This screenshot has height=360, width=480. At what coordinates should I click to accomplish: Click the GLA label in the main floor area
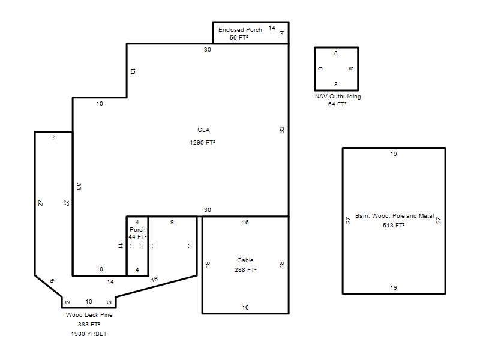coord(203,130)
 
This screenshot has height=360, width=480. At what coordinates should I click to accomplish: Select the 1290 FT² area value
coord(202,143)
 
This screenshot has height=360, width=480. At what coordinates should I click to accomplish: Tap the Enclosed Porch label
coord(240,29)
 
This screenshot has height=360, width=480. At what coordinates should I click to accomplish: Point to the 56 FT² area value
coord(239,37)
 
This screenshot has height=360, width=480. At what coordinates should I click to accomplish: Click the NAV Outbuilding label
coord(338,97)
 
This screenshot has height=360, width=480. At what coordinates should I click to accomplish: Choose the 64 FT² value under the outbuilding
coord(337,104)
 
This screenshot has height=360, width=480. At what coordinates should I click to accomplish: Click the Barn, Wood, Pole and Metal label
coord(395,216)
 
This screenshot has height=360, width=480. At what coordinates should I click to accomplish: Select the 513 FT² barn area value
coord(394,226)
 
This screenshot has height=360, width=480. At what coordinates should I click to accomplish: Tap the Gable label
coord(245,260)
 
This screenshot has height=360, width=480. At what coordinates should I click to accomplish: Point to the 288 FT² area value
coord(245,269)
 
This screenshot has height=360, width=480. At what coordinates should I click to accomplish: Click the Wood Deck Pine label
coord(89,314)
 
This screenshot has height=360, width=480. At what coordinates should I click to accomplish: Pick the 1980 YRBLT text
coord(89,334)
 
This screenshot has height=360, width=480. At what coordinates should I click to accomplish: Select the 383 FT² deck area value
coord(89,324)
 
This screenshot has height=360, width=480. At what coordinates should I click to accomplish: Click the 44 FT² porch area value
coord(137,236)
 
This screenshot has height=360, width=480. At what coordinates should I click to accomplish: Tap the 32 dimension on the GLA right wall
coord(282,130)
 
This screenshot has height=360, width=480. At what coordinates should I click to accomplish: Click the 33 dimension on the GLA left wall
coord(79,186)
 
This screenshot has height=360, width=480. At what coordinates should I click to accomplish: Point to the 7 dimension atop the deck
coord(53,138)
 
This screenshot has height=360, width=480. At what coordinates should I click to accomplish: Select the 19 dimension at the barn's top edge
coord(394,154)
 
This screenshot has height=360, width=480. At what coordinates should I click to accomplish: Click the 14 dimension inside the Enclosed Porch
coord(272,28)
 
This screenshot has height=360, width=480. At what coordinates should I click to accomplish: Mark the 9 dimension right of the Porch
coord(172,222)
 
